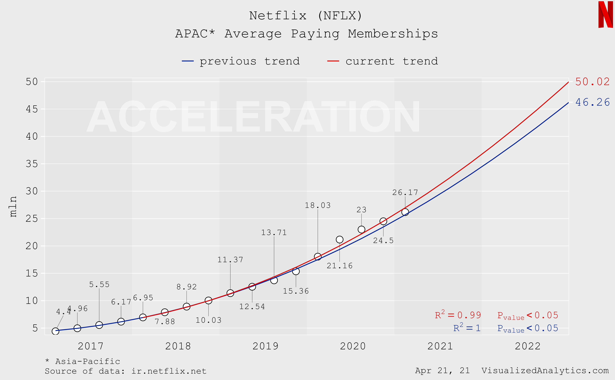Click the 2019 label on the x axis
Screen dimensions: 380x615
(265, 346)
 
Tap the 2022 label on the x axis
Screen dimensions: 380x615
(528, 346)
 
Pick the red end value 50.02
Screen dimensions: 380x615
(592, 82)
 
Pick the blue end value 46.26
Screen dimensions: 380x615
(592, 102)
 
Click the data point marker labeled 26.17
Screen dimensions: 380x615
(405, 212)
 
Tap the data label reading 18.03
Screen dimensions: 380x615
(318, 205)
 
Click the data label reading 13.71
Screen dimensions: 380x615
(274, 232)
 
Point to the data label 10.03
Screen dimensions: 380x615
(208, 320)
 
